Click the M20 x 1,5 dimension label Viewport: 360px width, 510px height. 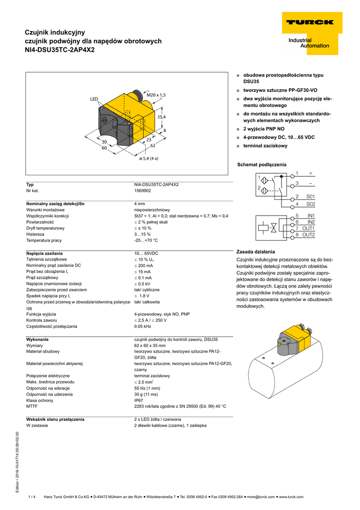tap(156, 95)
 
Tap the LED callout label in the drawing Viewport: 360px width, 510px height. tap(94, 100)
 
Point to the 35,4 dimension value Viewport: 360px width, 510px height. tap(162, 117)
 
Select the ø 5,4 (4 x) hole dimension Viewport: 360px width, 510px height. tap(149, 158)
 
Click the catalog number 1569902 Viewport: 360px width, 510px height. tap(143, 191)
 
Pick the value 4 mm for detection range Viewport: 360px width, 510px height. tap(139, 204)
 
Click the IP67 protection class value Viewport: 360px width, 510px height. tap(139, 400)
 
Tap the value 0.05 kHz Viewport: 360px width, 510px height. tap(143, 326)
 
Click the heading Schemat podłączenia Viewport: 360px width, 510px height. tap(262, 164)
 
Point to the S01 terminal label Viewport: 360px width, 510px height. tap(310, 197)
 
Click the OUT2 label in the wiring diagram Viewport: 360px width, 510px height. tap(309, 235)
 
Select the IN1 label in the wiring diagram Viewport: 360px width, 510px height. tap(311, 216)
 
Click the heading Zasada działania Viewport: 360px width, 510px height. tap(256, 252)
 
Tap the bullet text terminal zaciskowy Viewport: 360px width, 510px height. tap(265, 145)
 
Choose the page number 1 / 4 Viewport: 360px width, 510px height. tap(32, 497)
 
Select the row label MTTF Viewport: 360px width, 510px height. tap(32, 406)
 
